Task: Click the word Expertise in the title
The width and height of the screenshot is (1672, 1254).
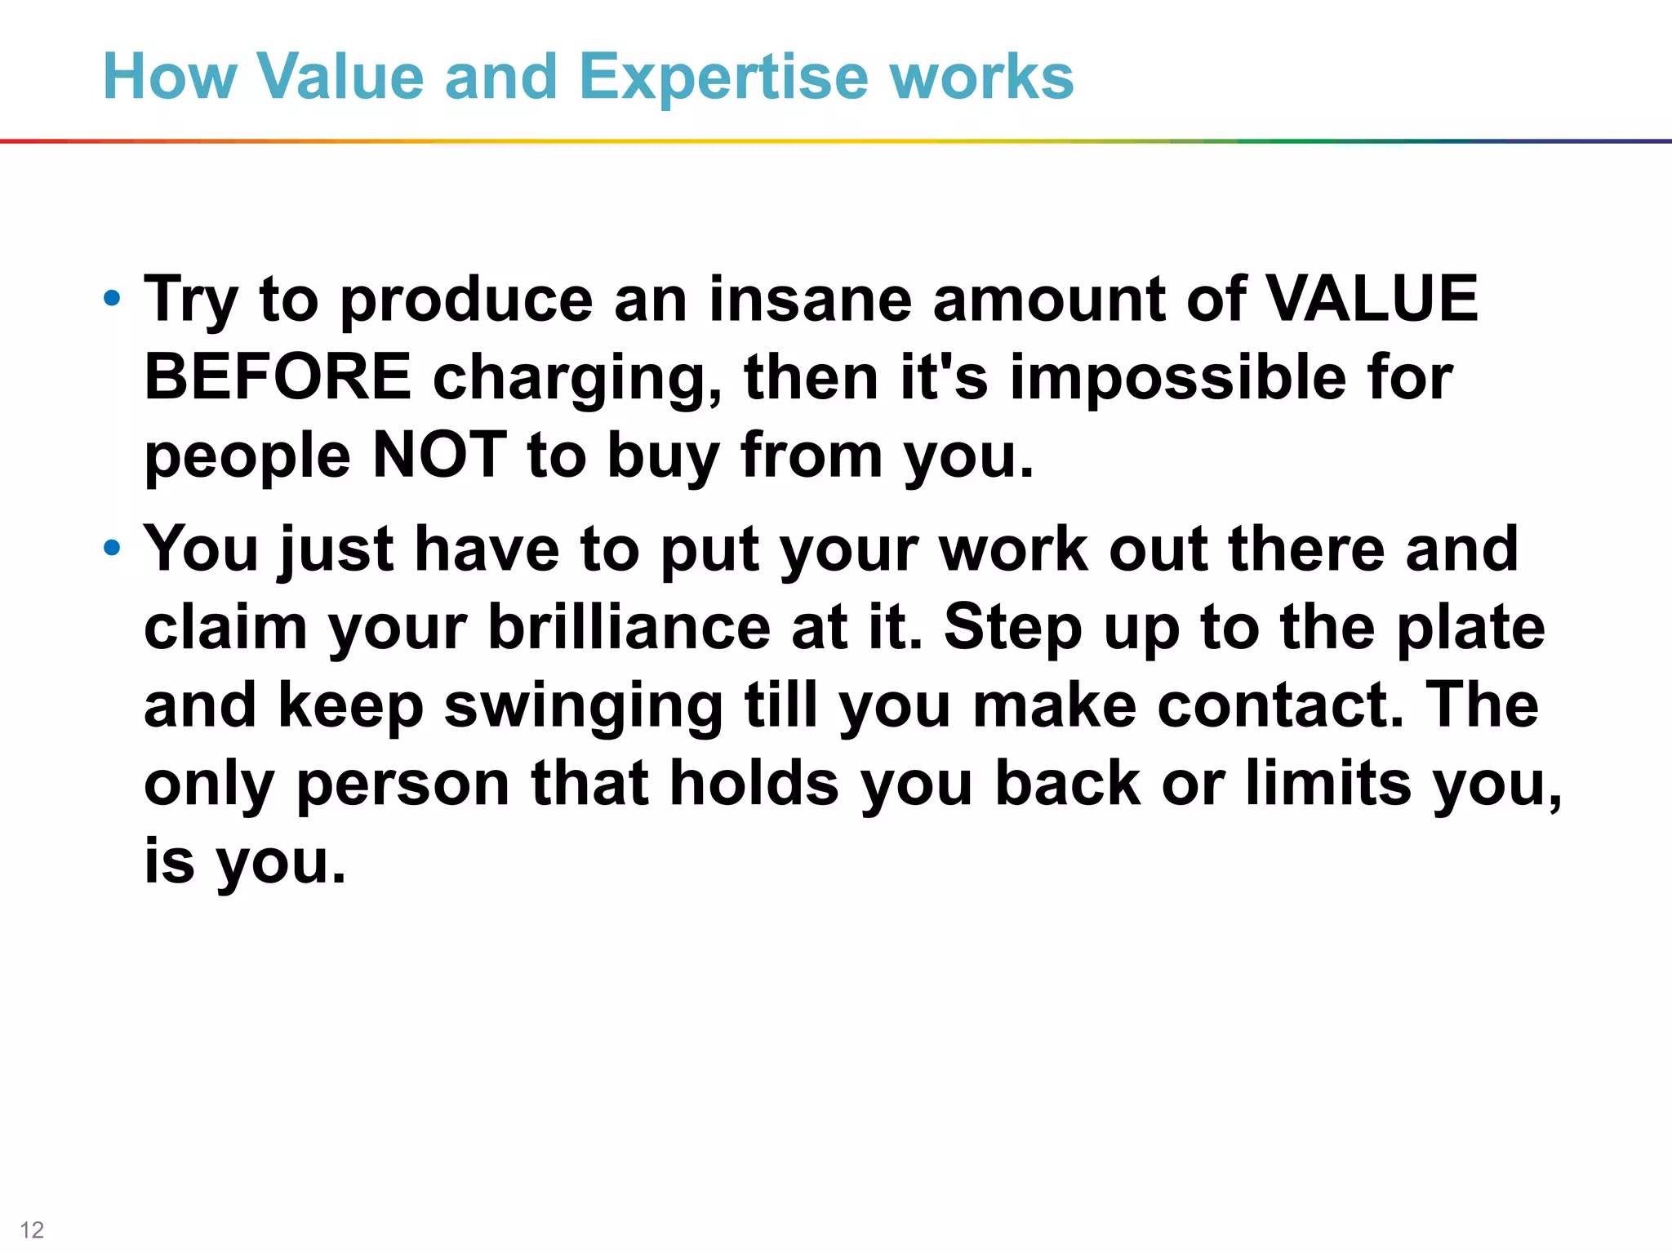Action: [x=723, y=78]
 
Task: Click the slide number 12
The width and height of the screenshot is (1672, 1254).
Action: [x=32, y=1230]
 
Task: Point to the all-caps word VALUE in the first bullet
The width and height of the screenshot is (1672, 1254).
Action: [x=1372, y=299]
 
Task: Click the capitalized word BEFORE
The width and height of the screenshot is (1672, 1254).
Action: [x=278, y=377]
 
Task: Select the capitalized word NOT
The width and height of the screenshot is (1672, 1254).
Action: [x=439, y=455]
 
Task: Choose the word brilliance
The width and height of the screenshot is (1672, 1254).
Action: [x=629, y=627]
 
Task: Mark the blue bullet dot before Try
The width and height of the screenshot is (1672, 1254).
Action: [x=113, y=299]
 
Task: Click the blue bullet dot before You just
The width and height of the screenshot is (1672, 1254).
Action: [x=113, y=548]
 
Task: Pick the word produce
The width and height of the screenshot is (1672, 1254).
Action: [x=466, y=300]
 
